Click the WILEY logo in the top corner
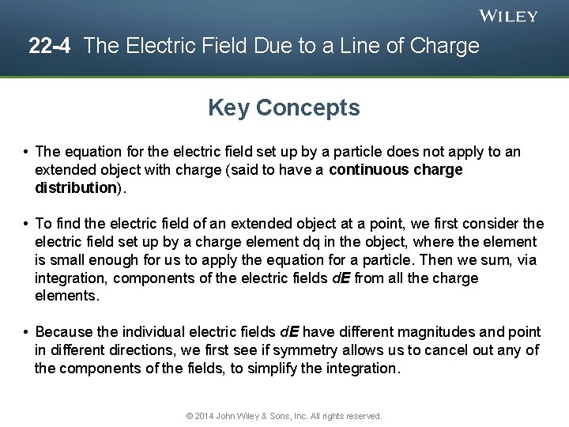click(509, 16)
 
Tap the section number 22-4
click(50, 46)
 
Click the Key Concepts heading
click(284, 108)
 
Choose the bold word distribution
click(76, 187)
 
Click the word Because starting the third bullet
click(66, 332)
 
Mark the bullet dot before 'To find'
click(26, 224)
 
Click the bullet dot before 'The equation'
click(26, 151)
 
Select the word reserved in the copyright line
click(364, 416)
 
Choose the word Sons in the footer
click(283, 416)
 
